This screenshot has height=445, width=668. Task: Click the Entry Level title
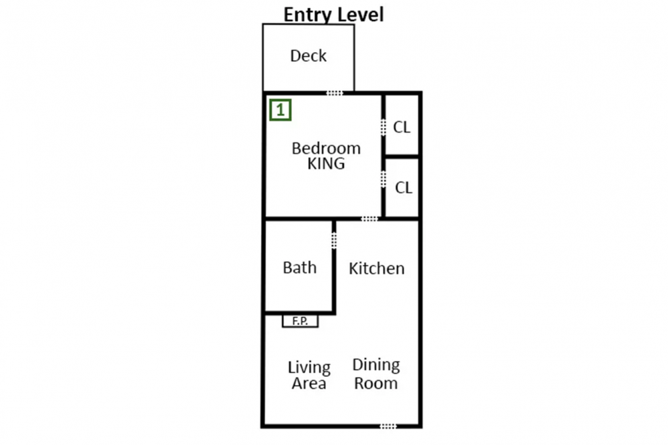pyautogui.click(x=333, y=15)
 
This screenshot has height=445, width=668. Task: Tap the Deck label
pyautogui.click(x=308, y=56)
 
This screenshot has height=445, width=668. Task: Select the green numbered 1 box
pyautogui.click(x=281, y=110)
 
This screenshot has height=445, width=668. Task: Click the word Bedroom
pyautogui.click(x=326, y=149)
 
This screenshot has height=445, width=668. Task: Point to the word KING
pyautogui.click(x=326, y=163)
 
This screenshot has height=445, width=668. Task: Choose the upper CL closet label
pyautogui.click(x=401, y=127)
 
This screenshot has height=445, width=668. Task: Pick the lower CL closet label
pyautogui.click(x=403, y=187)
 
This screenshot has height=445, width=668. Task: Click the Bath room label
pyautogui.click(x=299, y=268)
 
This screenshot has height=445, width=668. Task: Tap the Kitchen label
pyautogui.click(x=377, y=268)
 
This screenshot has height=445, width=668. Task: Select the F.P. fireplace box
pyautogui.click(x=301, y=321)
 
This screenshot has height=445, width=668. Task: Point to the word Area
pyautogui.click(x=309, y=384)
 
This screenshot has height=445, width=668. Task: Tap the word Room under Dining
pyautogui.click(x=376, y=384)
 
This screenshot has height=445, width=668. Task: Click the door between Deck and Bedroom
pyautogui.click(x=335, y=93)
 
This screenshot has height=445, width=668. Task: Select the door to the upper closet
pyautogui.click(x=383, y=127)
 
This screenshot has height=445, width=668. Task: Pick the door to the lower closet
pyautogui.click(x=383, y=179)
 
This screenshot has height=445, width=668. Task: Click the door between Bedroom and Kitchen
pyautogui.click(x=369, y=219)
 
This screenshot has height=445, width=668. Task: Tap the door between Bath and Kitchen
pyautogui.click(x=334, y=240)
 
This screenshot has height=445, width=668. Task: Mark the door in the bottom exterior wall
pyautogui.click(x=388, y=426)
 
